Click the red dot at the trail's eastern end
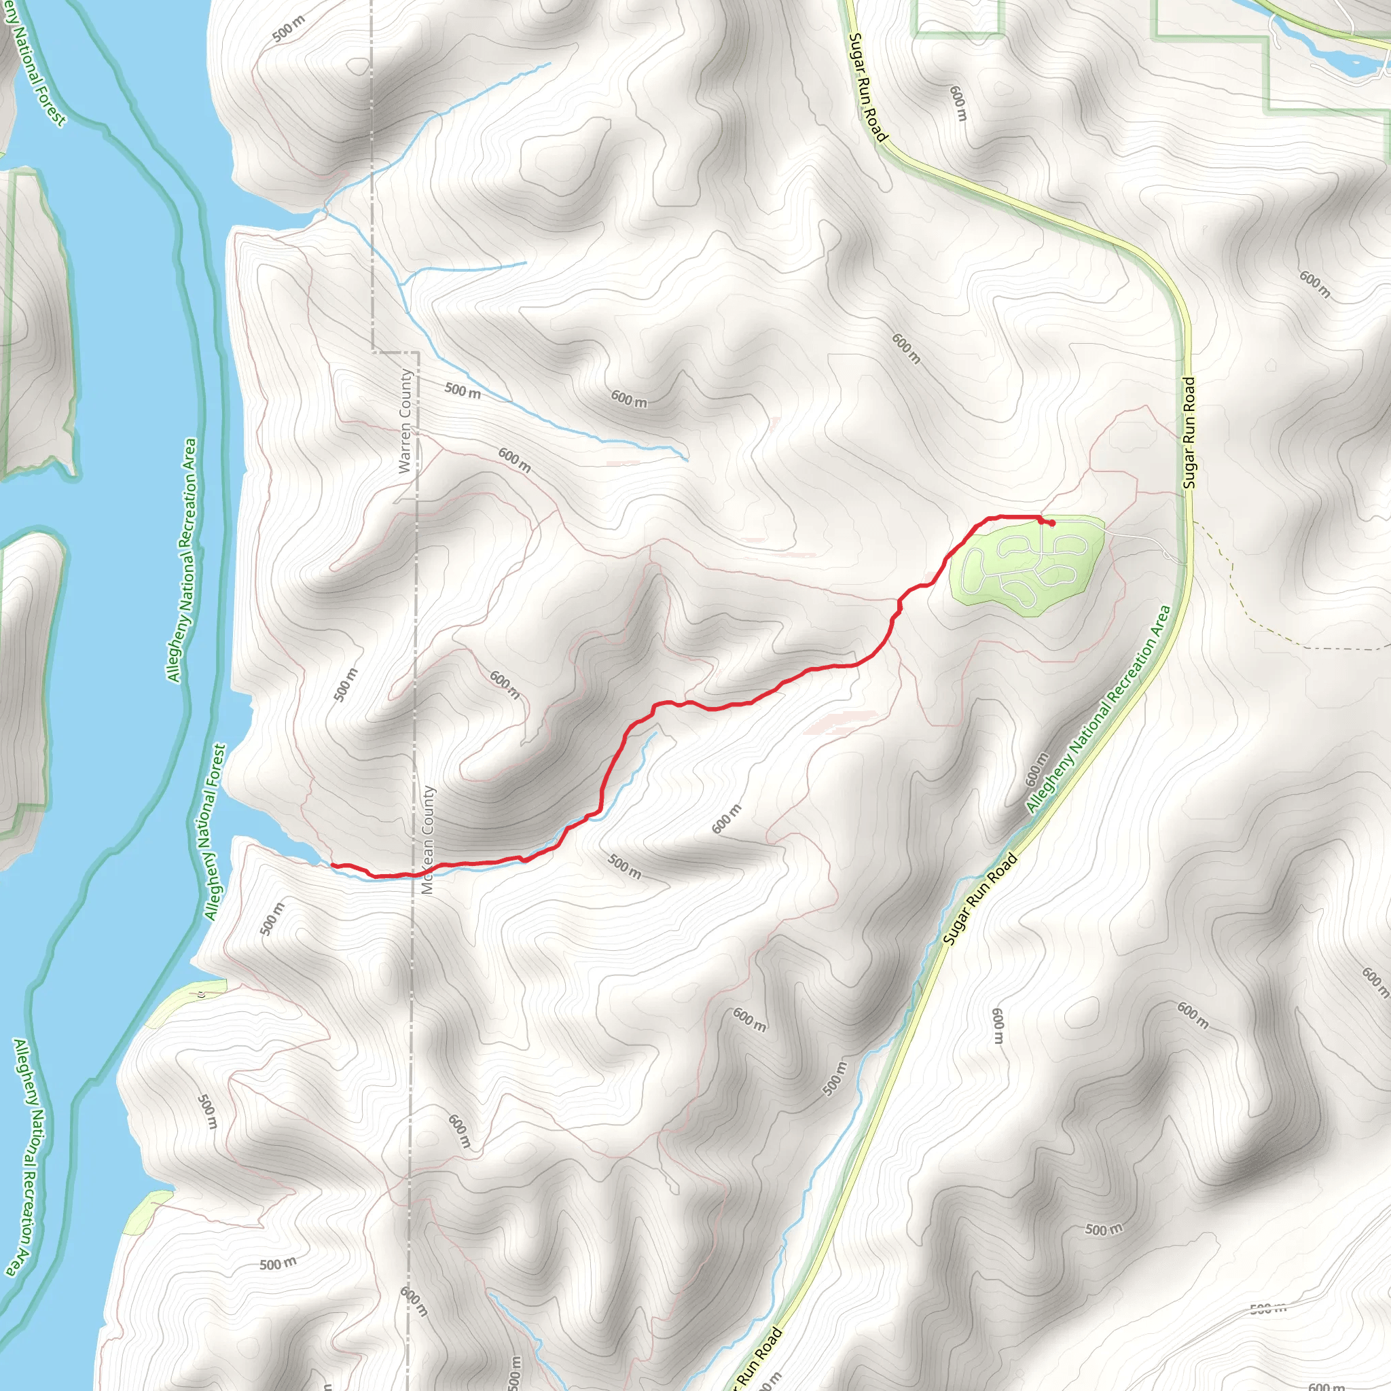[x=1052, y=524]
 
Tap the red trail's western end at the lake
[x=333, y=864]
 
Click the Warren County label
[x=405, y=421]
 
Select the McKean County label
[x=429, y=840]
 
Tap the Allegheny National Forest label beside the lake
[x=215, y=832]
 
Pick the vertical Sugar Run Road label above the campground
[x=1189, y=433]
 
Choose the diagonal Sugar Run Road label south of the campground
[x=980, y=899]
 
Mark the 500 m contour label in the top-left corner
[x=289, y=29]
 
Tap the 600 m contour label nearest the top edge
[x=958, y=104]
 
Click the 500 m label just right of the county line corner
[x=463, y=391]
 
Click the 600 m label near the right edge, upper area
[x=1315, y=284]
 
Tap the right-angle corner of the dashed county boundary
[x=418, y=352]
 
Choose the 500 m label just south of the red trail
[x=624, y=866]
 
